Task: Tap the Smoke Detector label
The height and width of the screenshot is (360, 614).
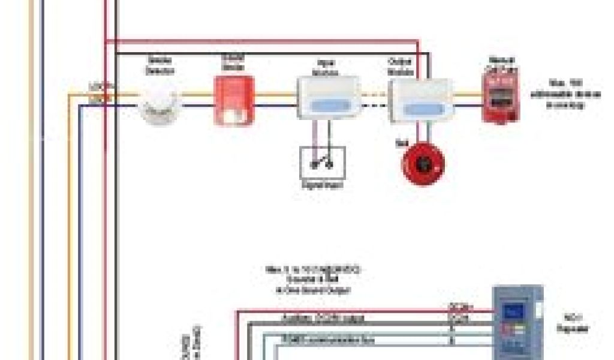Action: pos(159,65)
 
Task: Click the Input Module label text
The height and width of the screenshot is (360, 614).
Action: pos(328,67)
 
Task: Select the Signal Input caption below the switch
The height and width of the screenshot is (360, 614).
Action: pos(323,185)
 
